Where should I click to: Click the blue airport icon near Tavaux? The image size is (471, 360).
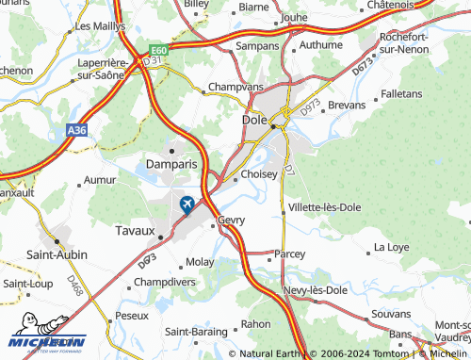click(x=187, y=203)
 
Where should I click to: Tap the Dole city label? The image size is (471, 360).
click(x=254, y=123)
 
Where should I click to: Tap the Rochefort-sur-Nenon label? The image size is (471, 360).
click(x=406, y=43)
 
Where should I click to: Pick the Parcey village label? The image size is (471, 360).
click(x=290, y=254)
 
